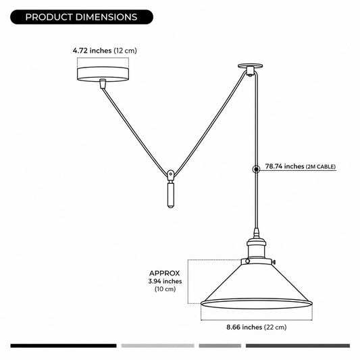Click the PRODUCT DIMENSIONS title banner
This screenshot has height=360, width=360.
point(82,17)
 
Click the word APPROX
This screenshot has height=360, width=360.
point(164,274)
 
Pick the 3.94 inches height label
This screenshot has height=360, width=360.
point(165,281)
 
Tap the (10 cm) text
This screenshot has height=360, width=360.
point(165,289)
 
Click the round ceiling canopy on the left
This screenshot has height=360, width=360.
point(103,74)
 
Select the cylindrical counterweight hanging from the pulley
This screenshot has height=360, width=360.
point(170,194)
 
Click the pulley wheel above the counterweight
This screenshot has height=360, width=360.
point(170,175)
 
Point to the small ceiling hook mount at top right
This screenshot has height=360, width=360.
point(251,70)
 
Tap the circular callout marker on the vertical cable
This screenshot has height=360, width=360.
point(256,170)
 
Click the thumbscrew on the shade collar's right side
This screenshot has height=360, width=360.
point(274,262)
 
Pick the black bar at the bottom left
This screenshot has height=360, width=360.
point(63,346)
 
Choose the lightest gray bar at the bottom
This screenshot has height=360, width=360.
point(158,346)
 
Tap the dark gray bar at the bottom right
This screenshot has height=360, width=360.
point(298,346)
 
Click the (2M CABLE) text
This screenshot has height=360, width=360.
point(321,167)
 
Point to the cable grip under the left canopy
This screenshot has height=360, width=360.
point(103,84)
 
